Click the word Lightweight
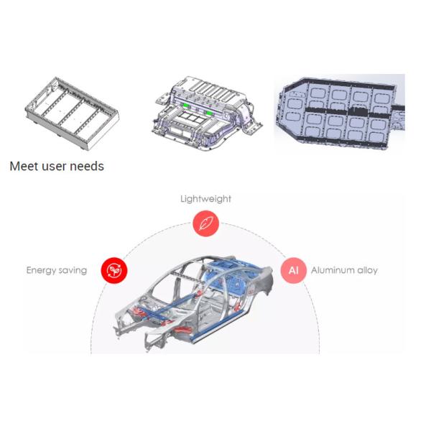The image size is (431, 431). coord(205,199)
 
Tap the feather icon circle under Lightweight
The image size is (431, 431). coord(206,223)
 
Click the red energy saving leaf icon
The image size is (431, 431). coord(114,270)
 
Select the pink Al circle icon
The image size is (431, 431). coord(293,270)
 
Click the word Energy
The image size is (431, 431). coord(41,271)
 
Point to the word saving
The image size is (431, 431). coord(73,271)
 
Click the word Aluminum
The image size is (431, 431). coord(333,271)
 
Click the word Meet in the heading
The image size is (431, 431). coord(24,167)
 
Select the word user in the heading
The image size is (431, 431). coord(54,167)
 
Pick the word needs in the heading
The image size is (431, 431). coord(87,167)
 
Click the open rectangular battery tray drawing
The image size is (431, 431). coord(72,113)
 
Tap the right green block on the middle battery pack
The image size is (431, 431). coord(209,113)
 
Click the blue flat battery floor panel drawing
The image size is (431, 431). coord(340,113)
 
